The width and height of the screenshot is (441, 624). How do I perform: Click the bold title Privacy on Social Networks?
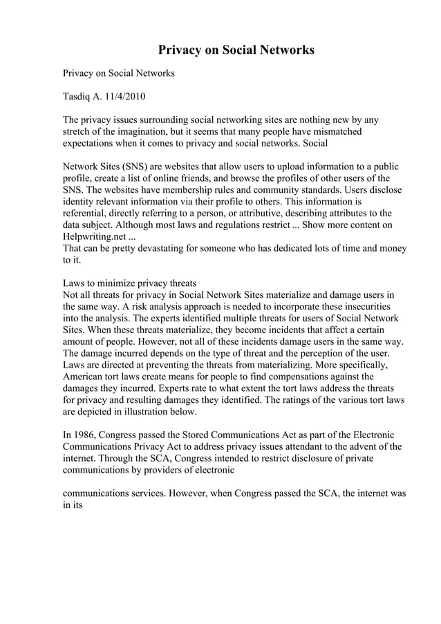(x=236, y=50)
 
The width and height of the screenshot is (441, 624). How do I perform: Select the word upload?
(x=282, y=167)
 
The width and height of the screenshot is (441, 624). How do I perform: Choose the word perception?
(x=327, y=354)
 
